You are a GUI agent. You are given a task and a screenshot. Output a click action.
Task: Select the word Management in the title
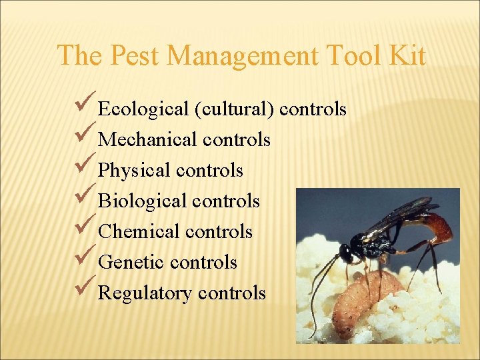click(x=241, y=55)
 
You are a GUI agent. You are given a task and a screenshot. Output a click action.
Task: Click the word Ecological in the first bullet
click(x=143, y=109)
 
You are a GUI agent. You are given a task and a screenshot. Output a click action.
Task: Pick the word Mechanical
click(x=147, y=139)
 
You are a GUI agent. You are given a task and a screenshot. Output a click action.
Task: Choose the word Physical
click(x=134, y=170)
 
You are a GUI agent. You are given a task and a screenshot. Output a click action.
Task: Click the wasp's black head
click(x=347, y=253)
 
